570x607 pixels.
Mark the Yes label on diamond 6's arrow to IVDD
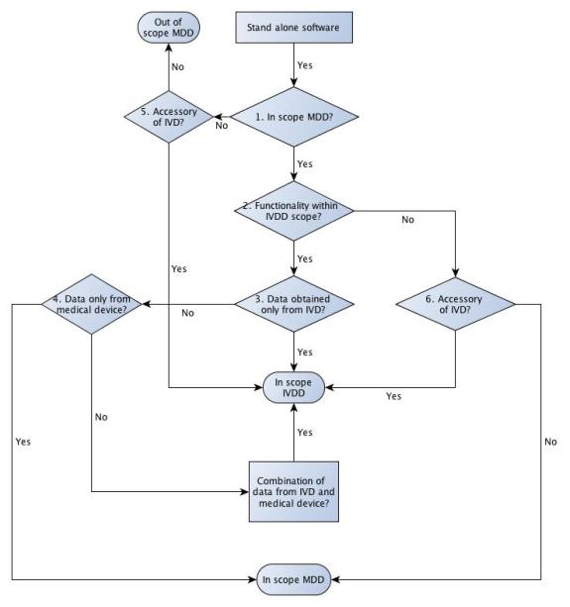click(x=394, y=396)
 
